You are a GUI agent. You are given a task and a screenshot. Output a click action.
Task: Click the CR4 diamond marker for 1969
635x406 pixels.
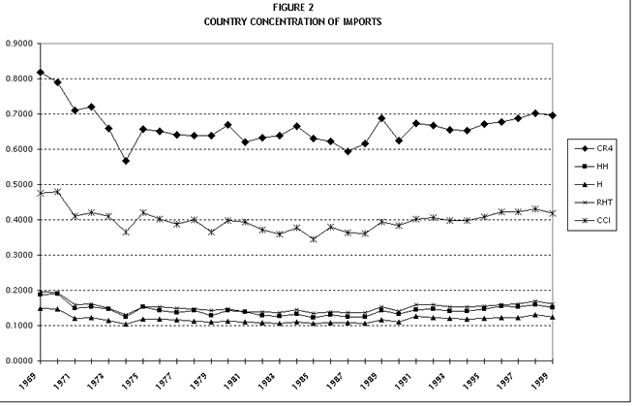point(40,73)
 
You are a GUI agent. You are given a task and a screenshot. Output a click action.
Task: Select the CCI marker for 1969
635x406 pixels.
point(40,193)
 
